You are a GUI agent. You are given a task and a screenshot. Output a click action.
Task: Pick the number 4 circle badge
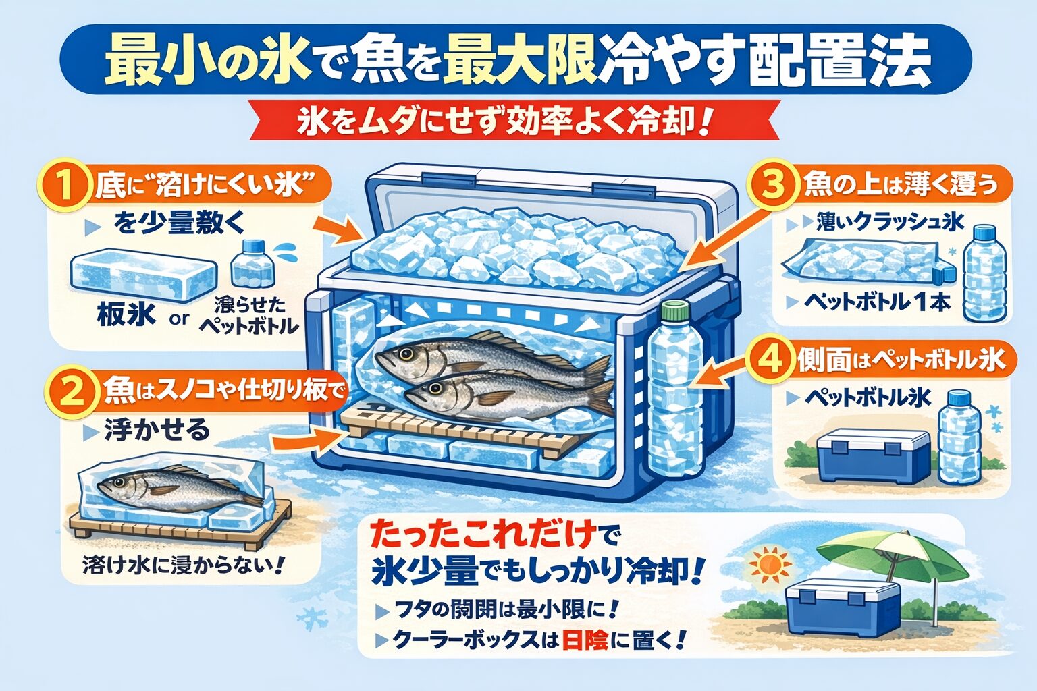click(x=770, y=360)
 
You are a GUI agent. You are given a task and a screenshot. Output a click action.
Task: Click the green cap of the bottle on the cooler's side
click(x=674, y=312)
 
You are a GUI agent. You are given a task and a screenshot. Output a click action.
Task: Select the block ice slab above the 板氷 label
click(x=144, y=277)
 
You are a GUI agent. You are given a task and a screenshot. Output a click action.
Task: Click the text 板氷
click(x=126, y=314)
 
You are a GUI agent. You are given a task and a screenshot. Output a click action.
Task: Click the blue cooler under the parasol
click(x=843, y=606)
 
